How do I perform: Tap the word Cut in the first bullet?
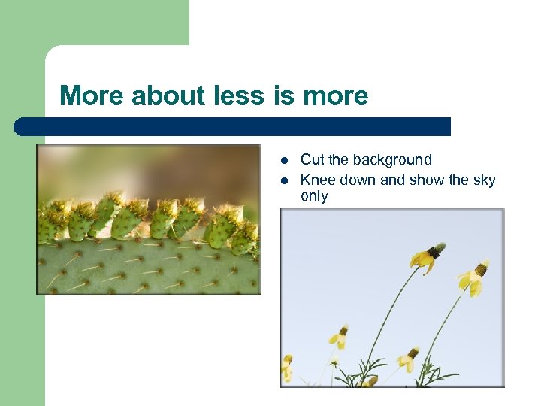pyautogui.click(x=313, y=160)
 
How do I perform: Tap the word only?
pyautogui.click(x=314, y=196)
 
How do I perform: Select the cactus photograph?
pyautogui.click(x=149, y=220)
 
